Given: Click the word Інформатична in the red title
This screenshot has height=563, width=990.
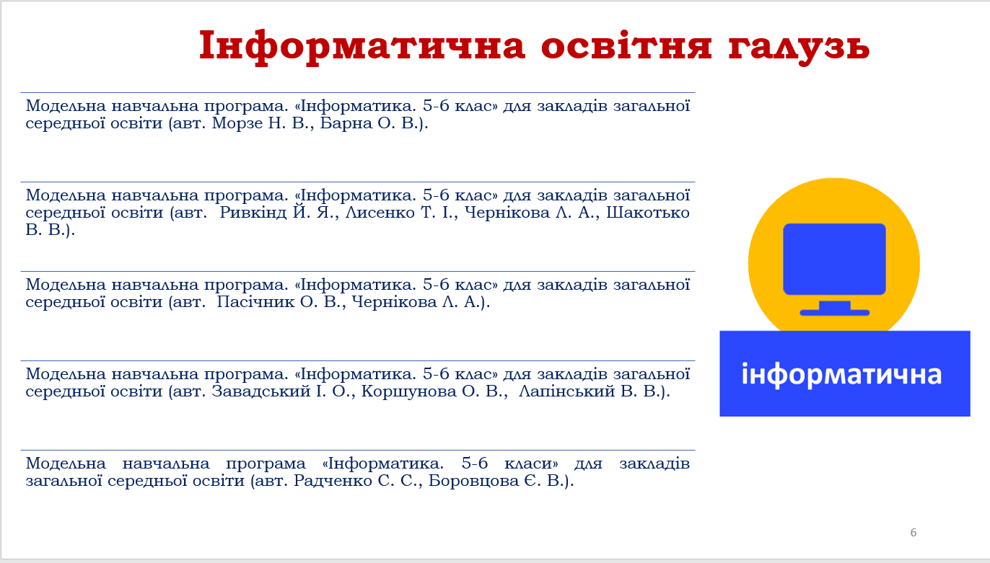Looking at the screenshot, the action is [362, 46].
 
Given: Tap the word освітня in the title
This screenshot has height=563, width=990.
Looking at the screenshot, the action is [626, 45].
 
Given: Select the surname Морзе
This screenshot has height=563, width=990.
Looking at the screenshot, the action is [237, 123].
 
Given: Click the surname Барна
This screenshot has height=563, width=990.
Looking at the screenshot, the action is [346, 123].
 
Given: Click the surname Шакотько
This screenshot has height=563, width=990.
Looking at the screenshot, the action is [647, 213].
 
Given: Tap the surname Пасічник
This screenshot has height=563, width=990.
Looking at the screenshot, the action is [255, 302].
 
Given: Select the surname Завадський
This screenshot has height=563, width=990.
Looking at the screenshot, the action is [261, 391].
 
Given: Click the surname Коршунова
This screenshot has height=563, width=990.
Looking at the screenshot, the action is [408, 391].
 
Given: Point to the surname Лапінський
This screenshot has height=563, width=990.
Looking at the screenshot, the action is [566, 391].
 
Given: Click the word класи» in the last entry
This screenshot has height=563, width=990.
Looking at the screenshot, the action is [531, 464].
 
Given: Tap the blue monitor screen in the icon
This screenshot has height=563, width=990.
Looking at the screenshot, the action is [834, 259].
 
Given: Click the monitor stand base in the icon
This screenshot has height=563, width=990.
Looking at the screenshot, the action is [834, 313].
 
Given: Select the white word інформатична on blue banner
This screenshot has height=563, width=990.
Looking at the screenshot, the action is [841, 375].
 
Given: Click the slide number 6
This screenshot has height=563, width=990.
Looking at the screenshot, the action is [914, 533].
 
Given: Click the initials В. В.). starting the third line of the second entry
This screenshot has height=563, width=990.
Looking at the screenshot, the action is [50, 230].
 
